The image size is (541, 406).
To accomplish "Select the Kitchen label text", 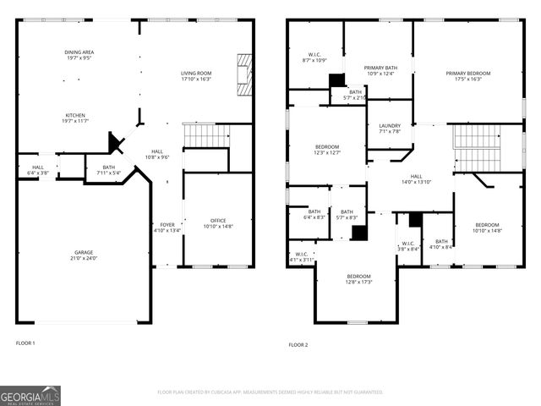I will [76, 119].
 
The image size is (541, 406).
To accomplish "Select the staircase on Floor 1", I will [206, 135].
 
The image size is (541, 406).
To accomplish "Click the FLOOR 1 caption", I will [26, 343].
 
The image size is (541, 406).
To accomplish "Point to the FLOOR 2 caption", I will [298, 344].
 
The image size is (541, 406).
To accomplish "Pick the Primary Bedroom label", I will [468, 76].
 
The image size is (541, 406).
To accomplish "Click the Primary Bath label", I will [380, 70].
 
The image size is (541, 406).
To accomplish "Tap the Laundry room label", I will [390, 129].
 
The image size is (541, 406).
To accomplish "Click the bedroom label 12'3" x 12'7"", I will [326, 150].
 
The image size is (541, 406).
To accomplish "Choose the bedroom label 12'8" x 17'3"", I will [358, 279].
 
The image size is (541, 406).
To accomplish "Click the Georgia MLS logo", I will [30, 395].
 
